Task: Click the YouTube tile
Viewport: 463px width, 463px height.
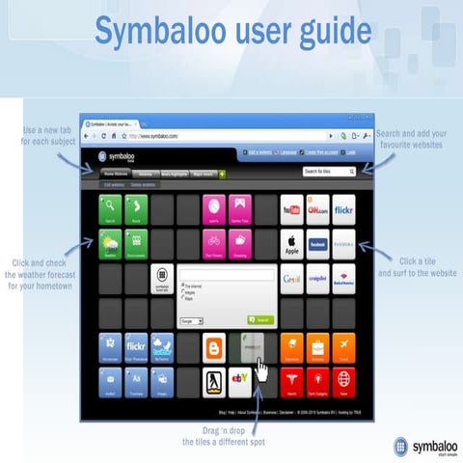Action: click(x=292, y=207)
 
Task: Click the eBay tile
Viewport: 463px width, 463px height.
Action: click(x=240, y=381)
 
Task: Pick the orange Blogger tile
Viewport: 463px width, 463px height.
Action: click(x=214, y=345)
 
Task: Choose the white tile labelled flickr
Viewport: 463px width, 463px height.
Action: click(x=342, y=207)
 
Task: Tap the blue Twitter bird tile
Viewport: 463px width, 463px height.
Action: click(x=162, y=345)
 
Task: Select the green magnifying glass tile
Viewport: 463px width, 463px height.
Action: click(x=111, y=207)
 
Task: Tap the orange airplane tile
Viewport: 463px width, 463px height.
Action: click(x=342, y=345)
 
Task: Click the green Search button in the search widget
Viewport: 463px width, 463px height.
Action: click(x=259, y=319)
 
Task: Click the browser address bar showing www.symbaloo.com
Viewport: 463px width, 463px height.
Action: click(x=222, y=136)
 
